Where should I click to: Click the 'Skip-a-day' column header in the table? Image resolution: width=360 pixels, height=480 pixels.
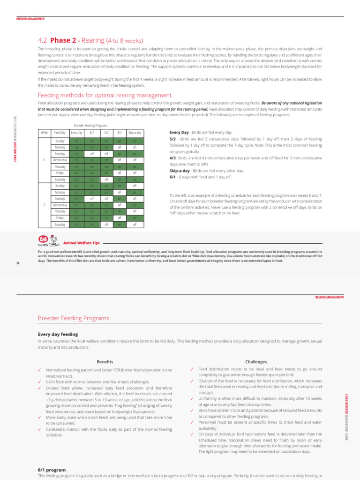tap(135, 133)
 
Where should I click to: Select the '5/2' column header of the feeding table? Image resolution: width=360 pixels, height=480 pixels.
tap(106, 133)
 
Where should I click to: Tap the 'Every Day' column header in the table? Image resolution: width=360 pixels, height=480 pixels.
tap(76, 133)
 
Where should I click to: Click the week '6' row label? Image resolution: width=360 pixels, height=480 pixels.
tap(45, 160)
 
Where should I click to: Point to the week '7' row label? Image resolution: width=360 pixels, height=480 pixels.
tap(45, 205)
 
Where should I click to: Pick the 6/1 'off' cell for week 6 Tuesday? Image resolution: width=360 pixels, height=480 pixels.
tap(92, 154)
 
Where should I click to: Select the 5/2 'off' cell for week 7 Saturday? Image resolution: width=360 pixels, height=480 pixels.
tap(106, 225)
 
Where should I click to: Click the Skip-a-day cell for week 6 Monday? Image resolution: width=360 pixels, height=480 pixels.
tap(135, 147)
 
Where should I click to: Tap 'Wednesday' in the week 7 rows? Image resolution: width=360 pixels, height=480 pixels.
tap(60, 205)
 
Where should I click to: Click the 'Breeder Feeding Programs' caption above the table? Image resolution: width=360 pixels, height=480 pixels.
tap(91, 125)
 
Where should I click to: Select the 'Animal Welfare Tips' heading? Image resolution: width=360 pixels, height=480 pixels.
tap(82, 243)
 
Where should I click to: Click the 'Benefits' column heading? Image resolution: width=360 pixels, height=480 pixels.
tap(105, 362)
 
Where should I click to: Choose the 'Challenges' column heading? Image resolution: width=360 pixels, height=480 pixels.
tap(256, 362)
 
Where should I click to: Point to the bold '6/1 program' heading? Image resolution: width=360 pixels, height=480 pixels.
tap(52, 469)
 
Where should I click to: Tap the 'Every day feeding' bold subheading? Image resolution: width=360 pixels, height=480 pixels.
tap(58, 334)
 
